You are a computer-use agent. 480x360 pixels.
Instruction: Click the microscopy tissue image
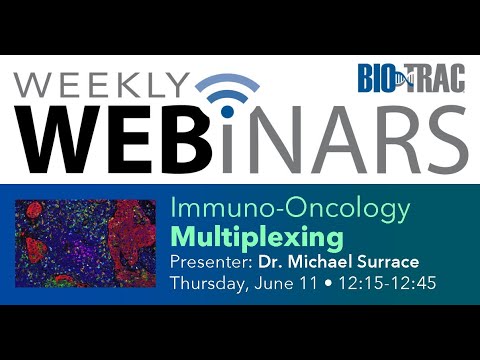(86, 243)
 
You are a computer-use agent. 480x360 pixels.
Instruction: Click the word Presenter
(205, 262)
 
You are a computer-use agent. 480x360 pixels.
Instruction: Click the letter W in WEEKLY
(34, 82)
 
